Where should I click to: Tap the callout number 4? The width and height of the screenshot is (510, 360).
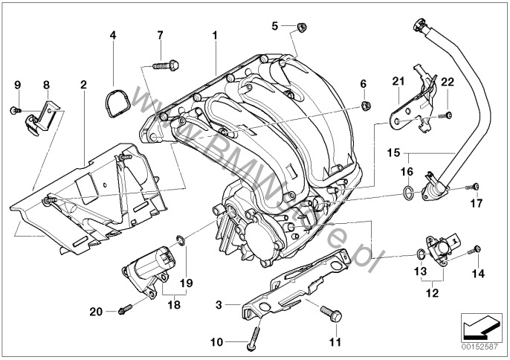(x=113, y=35)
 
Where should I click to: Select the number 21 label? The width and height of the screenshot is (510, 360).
(x=398, y=81)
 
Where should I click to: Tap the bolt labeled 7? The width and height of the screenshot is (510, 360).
(x=164, y=65)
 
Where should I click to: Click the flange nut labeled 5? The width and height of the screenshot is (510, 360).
(x=301, y=28)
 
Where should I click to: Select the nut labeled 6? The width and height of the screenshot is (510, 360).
(x=366, y=104)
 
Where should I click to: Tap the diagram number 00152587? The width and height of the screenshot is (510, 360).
(x=482, y=346)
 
